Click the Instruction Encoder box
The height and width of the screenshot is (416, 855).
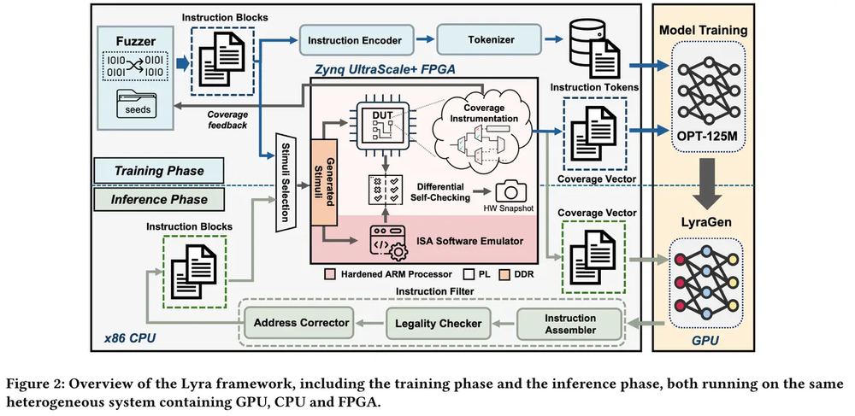click(x=355, y=40)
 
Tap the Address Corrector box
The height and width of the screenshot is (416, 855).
click(x=301, y=322)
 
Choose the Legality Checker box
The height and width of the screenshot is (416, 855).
click(x=438, y=324)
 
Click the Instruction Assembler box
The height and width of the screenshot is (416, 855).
click(x=569, y=324)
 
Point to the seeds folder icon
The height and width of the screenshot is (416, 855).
click(x=136, y=104)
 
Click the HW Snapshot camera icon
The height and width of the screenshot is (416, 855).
click(x=511, y=191)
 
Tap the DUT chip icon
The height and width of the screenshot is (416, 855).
click(x=380, y=124)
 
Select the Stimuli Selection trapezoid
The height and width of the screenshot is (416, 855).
click(x=286, y=181)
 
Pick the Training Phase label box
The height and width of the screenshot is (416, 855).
click(x=159, y=171)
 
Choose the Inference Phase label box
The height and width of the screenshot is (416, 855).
click(x=159, y=199)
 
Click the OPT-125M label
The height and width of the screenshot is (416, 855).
click(x=708, y=133)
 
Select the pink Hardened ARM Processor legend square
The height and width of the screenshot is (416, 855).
click(x=329, y=274)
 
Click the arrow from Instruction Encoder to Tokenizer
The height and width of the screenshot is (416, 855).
click(x=424, y=39)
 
